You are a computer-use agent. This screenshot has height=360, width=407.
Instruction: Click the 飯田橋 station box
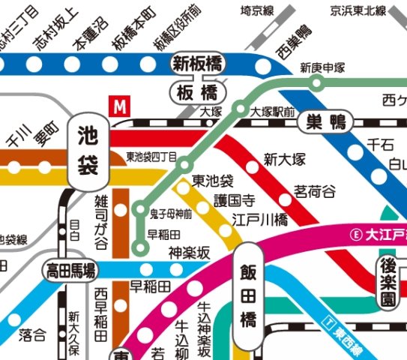click(248, 295)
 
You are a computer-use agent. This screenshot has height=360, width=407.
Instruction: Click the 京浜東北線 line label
click(358, 10)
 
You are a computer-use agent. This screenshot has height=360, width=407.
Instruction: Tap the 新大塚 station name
click(286, 160)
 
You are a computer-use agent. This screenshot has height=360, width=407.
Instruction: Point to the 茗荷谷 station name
click(316, 190)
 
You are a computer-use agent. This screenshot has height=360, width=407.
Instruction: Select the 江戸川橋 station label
click(259, 220)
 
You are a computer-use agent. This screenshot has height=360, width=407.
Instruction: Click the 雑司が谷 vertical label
click(101, 222)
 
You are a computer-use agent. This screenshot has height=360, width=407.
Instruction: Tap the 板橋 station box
click(196, 93)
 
